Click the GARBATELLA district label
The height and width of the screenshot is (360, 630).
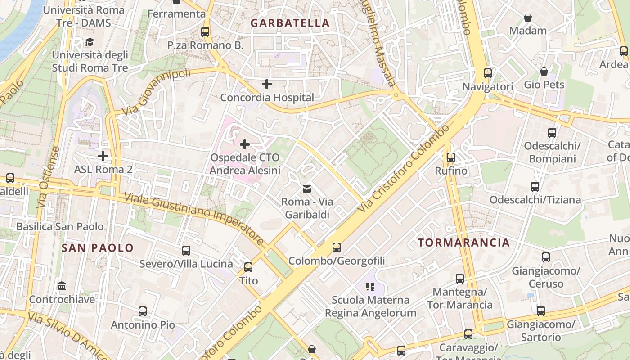(290, 23)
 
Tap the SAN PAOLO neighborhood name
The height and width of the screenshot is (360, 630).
(98, 247)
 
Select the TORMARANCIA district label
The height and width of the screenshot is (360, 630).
(464, 243)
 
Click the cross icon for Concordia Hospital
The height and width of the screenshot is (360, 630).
(267, 84)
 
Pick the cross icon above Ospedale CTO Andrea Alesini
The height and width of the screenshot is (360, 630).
(245, 144)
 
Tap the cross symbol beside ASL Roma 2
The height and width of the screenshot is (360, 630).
(103, 156)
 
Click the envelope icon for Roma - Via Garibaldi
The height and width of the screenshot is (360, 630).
(306, 189)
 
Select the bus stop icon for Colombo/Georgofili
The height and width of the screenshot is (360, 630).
(337, 247)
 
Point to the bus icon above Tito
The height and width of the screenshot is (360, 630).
(248, 267)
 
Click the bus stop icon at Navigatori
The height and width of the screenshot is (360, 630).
(488, 73)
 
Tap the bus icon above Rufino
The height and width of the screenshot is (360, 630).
(450, 157)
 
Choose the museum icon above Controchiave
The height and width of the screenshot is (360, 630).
(62, 286)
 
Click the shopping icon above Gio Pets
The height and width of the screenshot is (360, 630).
(544, 72)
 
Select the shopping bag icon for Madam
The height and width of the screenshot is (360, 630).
(528, 18)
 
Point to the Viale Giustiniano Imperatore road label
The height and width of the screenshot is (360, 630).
(194, 219)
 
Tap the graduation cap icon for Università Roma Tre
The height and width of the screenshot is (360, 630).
(90, 42)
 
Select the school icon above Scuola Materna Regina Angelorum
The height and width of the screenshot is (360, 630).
(370, 287)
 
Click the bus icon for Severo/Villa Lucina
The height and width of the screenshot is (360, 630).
(186, 251)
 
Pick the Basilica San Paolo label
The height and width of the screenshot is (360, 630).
(60, 226)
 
